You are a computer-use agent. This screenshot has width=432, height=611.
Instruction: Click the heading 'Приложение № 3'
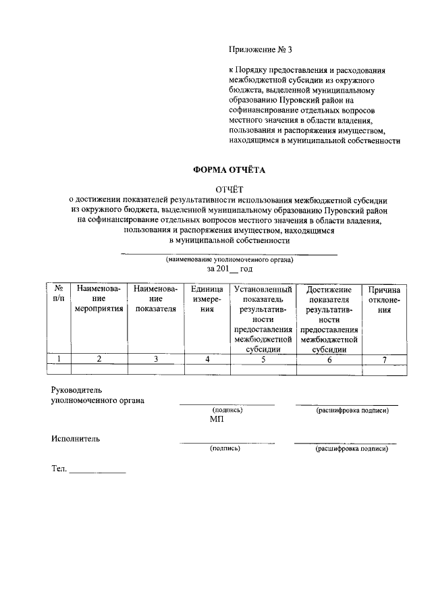tap(261, 49)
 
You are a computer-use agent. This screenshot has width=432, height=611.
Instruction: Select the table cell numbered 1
tap(59, 359)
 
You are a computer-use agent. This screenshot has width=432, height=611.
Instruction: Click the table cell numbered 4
tap(207, 359)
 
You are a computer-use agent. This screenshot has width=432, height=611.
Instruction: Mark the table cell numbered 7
tap(384, 359)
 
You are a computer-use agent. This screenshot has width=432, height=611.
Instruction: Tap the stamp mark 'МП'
tap(216, 419)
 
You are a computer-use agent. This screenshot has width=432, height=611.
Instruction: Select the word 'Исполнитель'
tap(76, 438)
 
